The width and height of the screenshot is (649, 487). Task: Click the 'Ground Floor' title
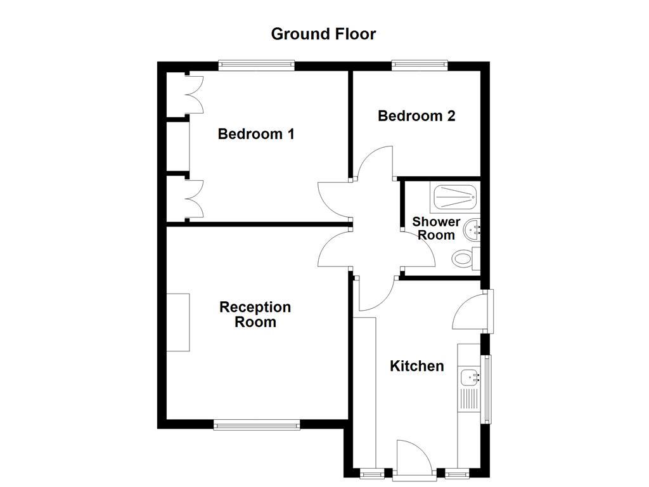323,34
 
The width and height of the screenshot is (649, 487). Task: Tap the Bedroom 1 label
255,134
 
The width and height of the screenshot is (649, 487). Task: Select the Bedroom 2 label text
416,116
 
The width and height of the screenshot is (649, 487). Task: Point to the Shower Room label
436,228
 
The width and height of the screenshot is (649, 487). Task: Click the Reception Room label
255,315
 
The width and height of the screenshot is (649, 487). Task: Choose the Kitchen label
416,366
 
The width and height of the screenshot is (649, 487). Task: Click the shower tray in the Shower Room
455,198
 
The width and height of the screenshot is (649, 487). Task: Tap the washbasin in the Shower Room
472,230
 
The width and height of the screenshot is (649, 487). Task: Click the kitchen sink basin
470,377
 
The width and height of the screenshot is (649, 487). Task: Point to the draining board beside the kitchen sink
470,399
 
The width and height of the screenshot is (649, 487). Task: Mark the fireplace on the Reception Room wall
178,322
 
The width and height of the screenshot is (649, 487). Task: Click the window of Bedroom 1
257,65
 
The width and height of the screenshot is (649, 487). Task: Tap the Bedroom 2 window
419,65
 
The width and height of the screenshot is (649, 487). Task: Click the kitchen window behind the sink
487,389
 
